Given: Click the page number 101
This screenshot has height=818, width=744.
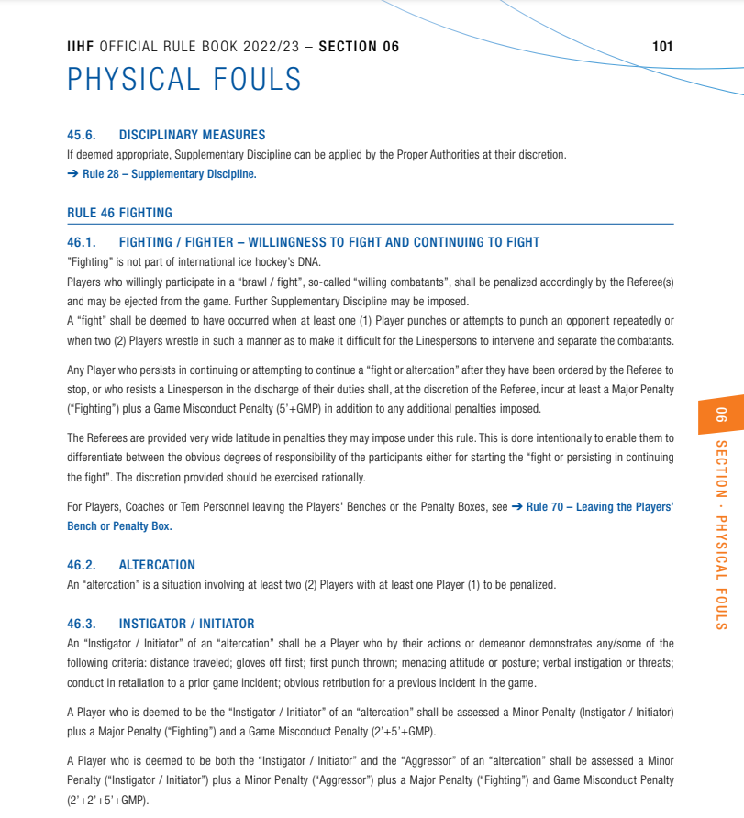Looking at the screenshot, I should coord(662,47).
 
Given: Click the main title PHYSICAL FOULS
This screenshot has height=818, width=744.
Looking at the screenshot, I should coord(184,80).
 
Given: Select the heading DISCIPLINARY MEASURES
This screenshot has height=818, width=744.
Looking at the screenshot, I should coord(192,134).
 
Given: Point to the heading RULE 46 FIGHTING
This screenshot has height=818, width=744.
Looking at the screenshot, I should coord(119,213).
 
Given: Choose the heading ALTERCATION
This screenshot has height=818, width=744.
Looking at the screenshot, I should coord(157,565).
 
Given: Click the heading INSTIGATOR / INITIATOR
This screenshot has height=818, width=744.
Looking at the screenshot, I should coord(186,624).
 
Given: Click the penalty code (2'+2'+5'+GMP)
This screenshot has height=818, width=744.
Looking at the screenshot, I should coord(106,800).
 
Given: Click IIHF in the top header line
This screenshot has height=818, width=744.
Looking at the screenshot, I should coord(81,47).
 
